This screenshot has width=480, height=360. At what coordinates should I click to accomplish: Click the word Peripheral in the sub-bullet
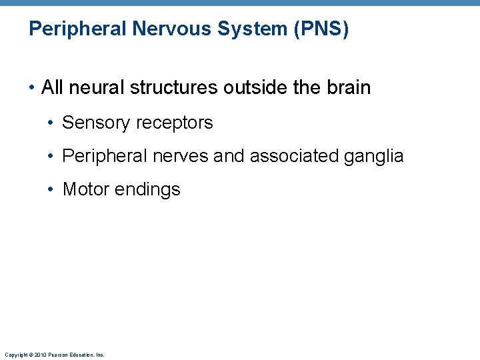tap(103, 156)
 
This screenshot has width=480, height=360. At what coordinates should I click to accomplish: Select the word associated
tap(294, 156)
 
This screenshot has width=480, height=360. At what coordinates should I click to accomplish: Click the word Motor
tap(86, 189)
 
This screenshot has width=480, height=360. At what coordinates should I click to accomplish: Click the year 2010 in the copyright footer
tap(41, 355)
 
